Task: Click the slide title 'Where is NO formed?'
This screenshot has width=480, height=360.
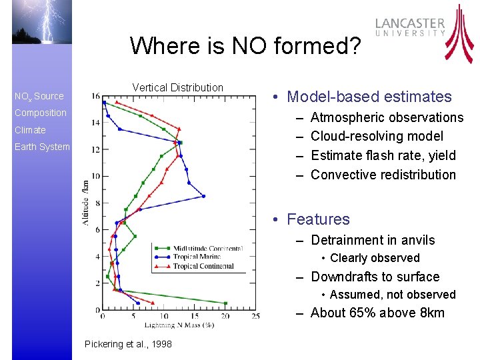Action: tap(245, 46)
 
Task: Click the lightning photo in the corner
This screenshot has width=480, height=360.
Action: tap(42, 22)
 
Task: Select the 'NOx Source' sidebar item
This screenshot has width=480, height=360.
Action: tap(39, 96)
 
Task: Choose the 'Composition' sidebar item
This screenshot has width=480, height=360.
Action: tap(41, 113)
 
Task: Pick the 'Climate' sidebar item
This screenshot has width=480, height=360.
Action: tap(30, 130)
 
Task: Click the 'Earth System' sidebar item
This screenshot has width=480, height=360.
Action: tap(42, 147)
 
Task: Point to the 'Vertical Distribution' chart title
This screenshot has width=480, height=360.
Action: tap(177, 87)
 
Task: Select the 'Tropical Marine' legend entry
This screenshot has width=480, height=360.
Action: tap(197, 257)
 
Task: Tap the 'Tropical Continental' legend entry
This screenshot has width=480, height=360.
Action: tap(203, 266)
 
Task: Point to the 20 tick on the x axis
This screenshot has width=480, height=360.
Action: tap(225, 316)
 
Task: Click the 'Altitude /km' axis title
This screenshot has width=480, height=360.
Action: tap(85, 202)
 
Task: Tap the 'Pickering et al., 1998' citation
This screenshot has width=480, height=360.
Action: tap(129, 344)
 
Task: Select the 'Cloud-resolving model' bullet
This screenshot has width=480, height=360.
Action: tap(377, 136)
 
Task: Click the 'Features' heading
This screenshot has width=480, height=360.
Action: tap(317, 219)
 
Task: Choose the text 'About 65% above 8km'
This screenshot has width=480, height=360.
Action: tap(377, 313)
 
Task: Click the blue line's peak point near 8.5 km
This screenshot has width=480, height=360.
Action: tap(203, 196)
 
